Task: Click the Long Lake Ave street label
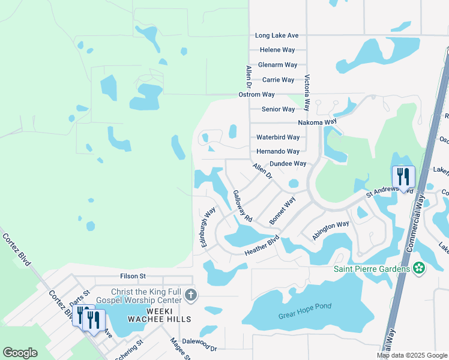coord(277,36)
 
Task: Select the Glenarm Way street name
coord(278,65)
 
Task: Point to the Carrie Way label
coord(279,80)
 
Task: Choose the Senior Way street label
coord(279,109)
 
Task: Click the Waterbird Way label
coord(278,137)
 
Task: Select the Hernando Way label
coord(278,152)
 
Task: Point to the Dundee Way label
coord(288,163)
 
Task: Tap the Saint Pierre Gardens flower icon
coord(419,268)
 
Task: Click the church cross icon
coord(191,295)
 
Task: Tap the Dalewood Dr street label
coord(199,347)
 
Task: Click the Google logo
coord(20,353)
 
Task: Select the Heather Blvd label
coord(262,248)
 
